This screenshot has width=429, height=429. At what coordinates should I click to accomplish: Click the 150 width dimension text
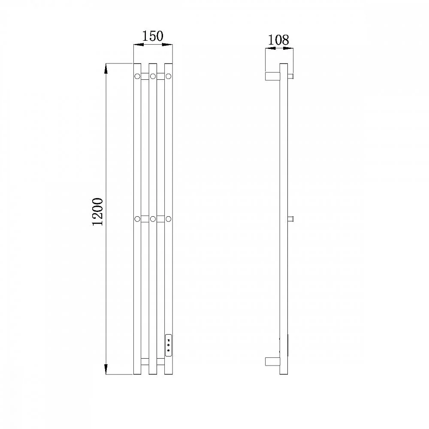point(153,36)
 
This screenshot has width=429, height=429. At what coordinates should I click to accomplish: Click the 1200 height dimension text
point(98,212)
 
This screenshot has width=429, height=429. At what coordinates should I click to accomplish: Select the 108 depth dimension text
point(278,40)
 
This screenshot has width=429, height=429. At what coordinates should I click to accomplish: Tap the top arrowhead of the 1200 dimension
point(106,68)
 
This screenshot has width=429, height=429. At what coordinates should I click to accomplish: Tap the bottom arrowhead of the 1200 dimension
point(106,369)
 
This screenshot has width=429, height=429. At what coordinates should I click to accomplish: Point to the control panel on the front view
point(169,345)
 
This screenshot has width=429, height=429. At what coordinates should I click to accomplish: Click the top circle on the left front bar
point(137,76)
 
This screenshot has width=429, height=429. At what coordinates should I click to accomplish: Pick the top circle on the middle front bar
point(153,76)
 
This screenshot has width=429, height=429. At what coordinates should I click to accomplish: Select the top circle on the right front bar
point(169,76)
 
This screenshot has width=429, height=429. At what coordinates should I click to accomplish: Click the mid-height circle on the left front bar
point(137,219)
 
